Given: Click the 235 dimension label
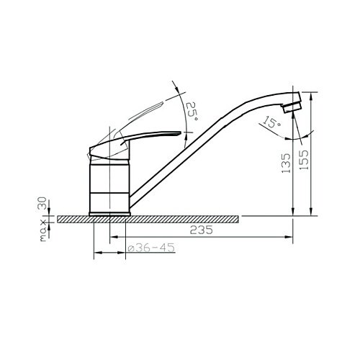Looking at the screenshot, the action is [x=201, y=230].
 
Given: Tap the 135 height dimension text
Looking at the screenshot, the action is [x=286, y=163].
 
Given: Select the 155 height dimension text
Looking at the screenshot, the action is [x=304, y=160].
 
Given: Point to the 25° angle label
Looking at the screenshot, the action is [x=192, y=111].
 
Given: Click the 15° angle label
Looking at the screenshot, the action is [x=272, y=122].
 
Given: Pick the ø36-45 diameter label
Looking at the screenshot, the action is [x=151, y=248].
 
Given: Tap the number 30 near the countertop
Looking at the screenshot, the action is [x=42, y=203].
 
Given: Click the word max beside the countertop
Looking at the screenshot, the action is [x=42, y=230].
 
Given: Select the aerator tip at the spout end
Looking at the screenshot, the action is [x=292, y=107].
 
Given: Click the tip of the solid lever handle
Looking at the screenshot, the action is [x=180, y=132].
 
